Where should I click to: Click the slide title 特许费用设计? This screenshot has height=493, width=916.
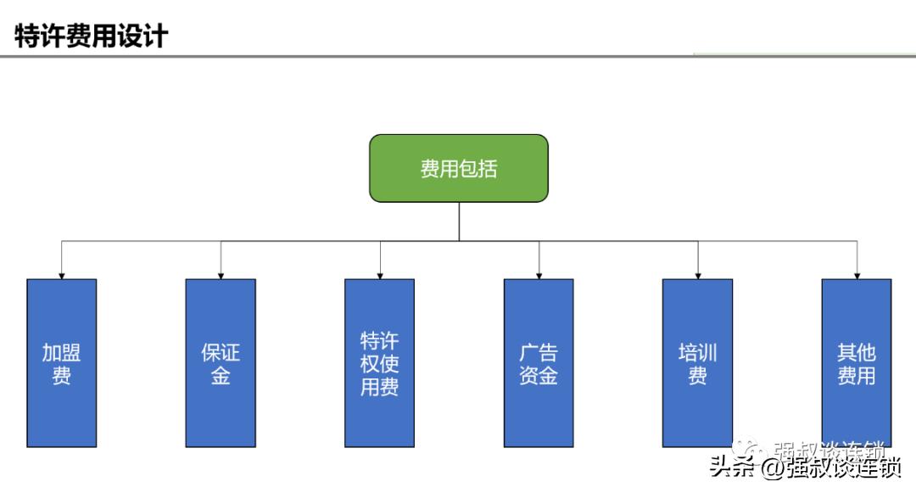[91, 36]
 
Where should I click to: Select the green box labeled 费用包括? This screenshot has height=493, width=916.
[458, 168]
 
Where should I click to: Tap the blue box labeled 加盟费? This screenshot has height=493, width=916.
[61, 362]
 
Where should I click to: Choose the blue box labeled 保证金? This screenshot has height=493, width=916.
[221, 362]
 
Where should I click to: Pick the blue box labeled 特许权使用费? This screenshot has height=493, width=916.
[379, 362]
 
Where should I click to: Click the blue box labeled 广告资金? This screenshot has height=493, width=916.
[539, 362]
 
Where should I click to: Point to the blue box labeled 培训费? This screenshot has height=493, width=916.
[697, 362]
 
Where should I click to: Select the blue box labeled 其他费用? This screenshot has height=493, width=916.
[856, 362]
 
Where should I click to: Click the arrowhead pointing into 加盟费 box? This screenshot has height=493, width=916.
[61, 274]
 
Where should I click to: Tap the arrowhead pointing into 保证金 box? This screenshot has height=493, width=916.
[221, 274]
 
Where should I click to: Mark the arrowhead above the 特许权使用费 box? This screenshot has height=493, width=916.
[379, 274]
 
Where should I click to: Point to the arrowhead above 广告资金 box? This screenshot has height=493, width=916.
[539, 274]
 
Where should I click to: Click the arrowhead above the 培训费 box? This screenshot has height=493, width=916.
[697, 274]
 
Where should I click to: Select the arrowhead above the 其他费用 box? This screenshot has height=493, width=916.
[856, 274]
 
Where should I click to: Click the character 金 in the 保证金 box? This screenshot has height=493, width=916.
[221, 375]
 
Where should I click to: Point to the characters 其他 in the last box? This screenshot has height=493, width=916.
[856, 352]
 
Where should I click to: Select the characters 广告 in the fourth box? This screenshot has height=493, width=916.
[539, 352]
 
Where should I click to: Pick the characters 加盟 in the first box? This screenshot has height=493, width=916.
[61, 352]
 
